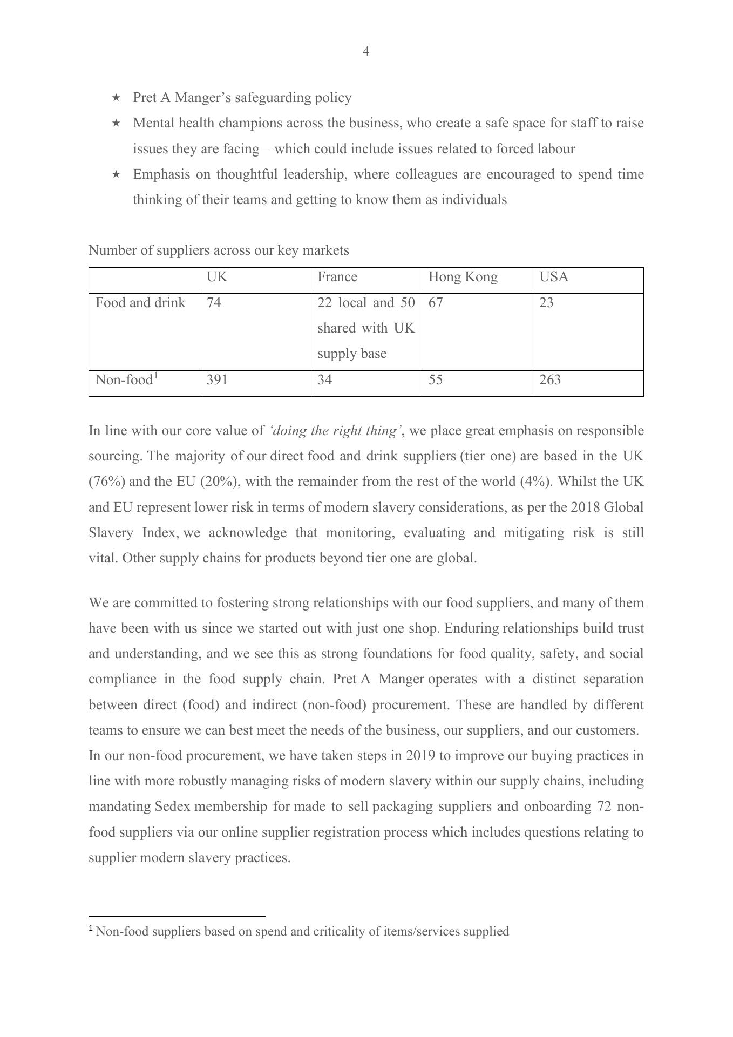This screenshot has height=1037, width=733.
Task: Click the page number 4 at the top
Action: tap(366, 52)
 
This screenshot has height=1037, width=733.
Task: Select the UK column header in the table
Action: tap(217, 277)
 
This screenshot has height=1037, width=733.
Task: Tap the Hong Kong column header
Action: tap(463, 277)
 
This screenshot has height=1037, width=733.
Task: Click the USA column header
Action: tap(554, 277)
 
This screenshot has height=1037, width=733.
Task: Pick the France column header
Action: tap(337, 277)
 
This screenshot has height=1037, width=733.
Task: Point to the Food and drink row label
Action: tap(140, 303)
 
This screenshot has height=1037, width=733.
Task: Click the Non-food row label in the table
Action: tap(125, 380)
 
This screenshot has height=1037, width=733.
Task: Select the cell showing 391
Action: tap(217, 380)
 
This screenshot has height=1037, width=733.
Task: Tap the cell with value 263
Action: tap(550, 380)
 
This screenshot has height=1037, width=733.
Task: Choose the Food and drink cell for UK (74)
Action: tap(214, 303)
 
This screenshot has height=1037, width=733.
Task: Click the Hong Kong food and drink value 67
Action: tap(436, 303)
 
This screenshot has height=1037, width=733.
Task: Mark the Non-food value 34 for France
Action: tap(325, 380)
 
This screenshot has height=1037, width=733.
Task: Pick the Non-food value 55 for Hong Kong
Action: tap(436, 380)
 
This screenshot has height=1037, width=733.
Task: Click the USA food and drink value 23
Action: tap(546, 303)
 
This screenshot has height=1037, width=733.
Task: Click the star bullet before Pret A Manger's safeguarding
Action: tap(116, 98)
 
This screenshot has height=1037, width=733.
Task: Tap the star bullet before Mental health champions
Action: tap(116, 123)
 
